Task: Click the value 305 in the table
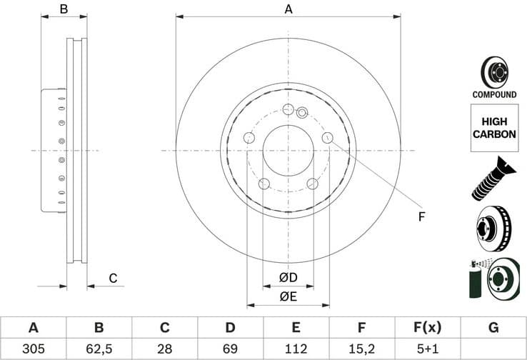click(x=33, y=349)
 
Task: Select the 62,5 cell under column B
click(x=99, y=349)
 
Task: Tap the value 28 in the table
click(x=164, y=349)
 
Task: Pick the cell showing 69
click(x=230, y=349)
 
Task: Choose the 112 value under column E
click(x=296, y=349)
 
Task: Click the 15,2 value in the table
click(x=362, y=349)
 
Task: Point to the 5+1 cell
click(x=428, y=349)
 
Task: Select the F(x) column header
click(x=428, y=328)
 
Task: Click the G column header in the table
click(x=493, y=328)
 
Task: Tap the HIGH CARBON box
click(x=493, y=128)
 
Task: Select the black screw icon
click(x=493, y=178)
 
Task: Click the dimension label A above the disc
click(x=288, y=9)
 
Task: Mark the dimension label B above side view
click(x=64, y=9)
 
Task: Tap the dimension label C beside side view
click(x=113, y=279)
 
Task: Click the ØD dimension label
click(x=288, y=277)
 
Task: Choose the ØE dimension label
click(x=288, y=296)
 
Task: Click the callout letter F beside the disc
click(x=421, y=216)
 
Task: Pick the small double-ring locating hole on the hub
click(x=301, y=112)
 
